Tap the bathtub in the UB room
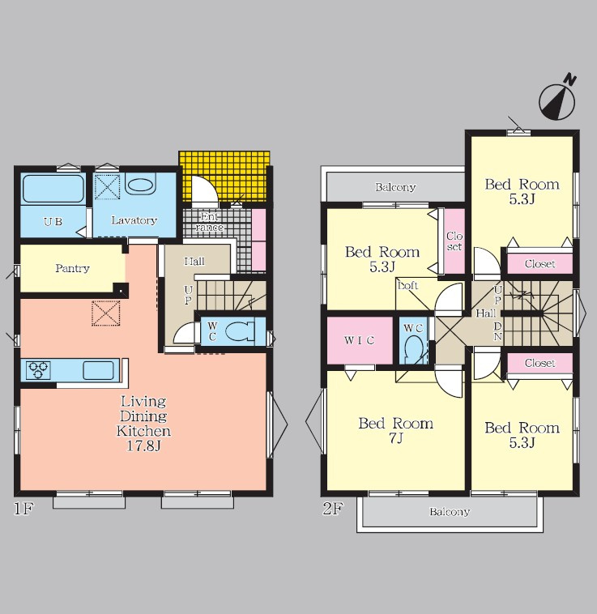coord(53,189)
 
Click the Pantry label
coord(72,268)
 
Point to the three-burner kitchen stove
coord(38,370)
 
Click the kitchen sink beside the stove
coord(98,370)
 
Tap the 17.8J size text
coord(143,446)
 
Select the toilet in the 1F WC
coord(240,331)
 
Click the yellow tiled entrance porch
coord(224,178)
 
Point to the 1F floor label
coord(23,508)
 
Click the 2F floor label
coord(333,508)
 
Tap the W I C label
coord(360,340)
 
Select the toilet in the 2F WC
coord(414,349)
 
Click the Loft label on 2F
coord(408,285)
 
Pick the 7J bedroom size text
coord(396,438)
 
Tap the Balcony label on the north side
coord(395,187)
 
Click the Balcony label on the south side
coord(450,512)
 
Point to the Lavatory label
coord(134,220)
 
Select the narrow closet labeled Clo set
coord(454,241)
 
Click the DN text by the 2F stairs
coord(497,330)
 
